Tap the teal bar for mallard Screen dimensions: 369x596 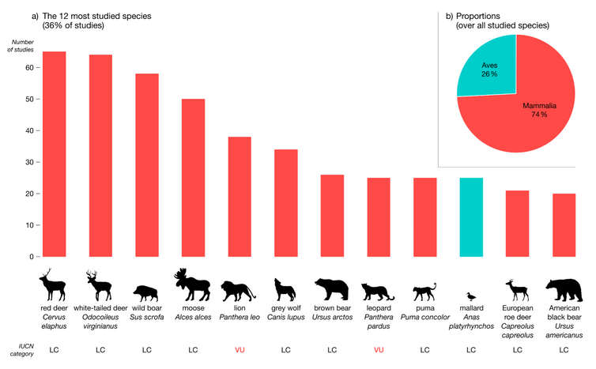coord(471,217)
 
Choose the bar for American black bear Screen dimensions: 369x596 coord(564,225)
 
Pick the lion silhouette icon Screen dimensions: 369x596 coord(239,288)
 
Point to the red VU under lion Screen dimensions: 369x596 coord(239,348)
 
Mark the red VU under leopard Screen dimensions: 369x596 coord(379,348)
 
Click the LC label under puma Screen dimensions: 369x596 coord(424,348)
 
